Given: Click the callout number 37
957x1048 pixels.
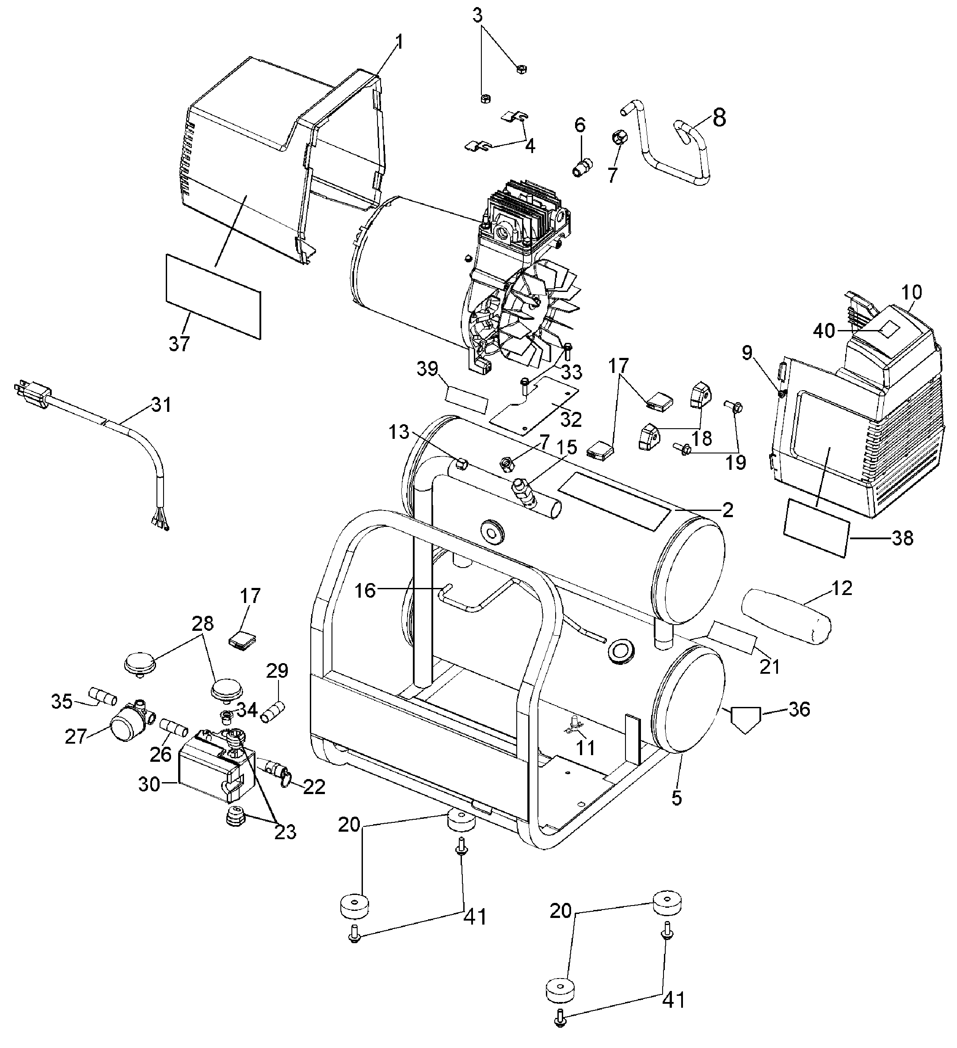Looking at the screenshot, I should [x=179, y=344].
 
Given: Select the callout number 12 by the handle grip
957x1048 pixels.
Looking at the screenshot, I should [x=842, y=588].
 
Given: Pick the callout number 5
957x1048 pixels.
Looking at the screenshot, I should [x=676, y=798].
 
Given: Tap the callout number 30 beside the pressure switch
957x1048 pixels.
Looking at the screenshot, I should [x=149, y=784].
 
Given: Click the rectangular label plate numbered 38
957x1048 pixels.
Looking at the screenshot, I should [x=816, y=528].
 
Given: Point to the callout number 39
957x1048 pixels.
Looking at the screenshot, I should [x=427, y=369].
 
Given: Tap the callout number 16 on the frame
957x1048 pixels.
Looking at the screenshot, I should [x=365, y=590].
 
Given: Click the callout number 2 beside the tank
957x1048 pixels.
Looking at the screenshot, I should [x=728, y=510].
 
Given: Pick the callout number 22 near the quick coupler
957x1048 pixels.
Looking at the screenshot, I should [x=314, y=787].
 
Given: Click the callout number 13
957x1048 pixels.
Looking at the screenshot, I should [x=399, y=432].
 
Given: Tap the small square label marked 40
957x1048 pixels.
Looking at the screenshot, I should [x=888, y=330].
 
